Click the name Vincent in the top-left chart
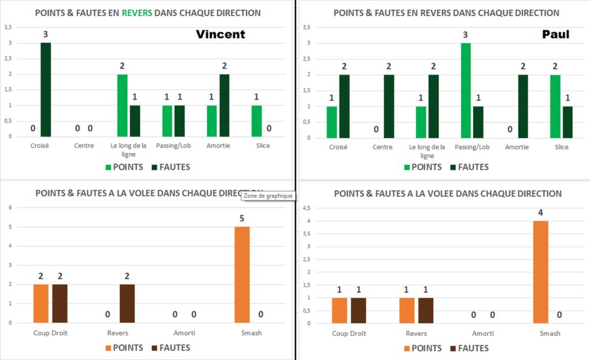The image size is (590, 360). coord(221,35)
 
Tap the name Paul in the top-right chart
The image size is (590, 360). coord(556,35)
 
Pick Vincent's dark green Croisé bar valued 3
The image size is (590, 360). coord(46,89)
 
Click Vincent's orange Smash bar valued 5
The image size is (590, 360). coord(242,274)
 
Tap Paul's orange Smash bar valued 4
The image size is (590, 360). coord(540,272)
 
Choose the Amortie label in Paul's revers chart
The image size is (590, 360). coord(516,147)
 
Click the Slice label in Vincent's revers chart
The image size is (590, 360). coord(263,146)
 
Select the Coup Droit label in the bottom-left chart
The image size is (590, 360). coord(50,332)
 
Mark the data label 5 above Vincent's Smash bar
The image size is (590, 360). coord(242,218)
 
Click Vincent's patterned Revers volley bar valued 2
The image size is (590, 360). coord(127,304)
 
